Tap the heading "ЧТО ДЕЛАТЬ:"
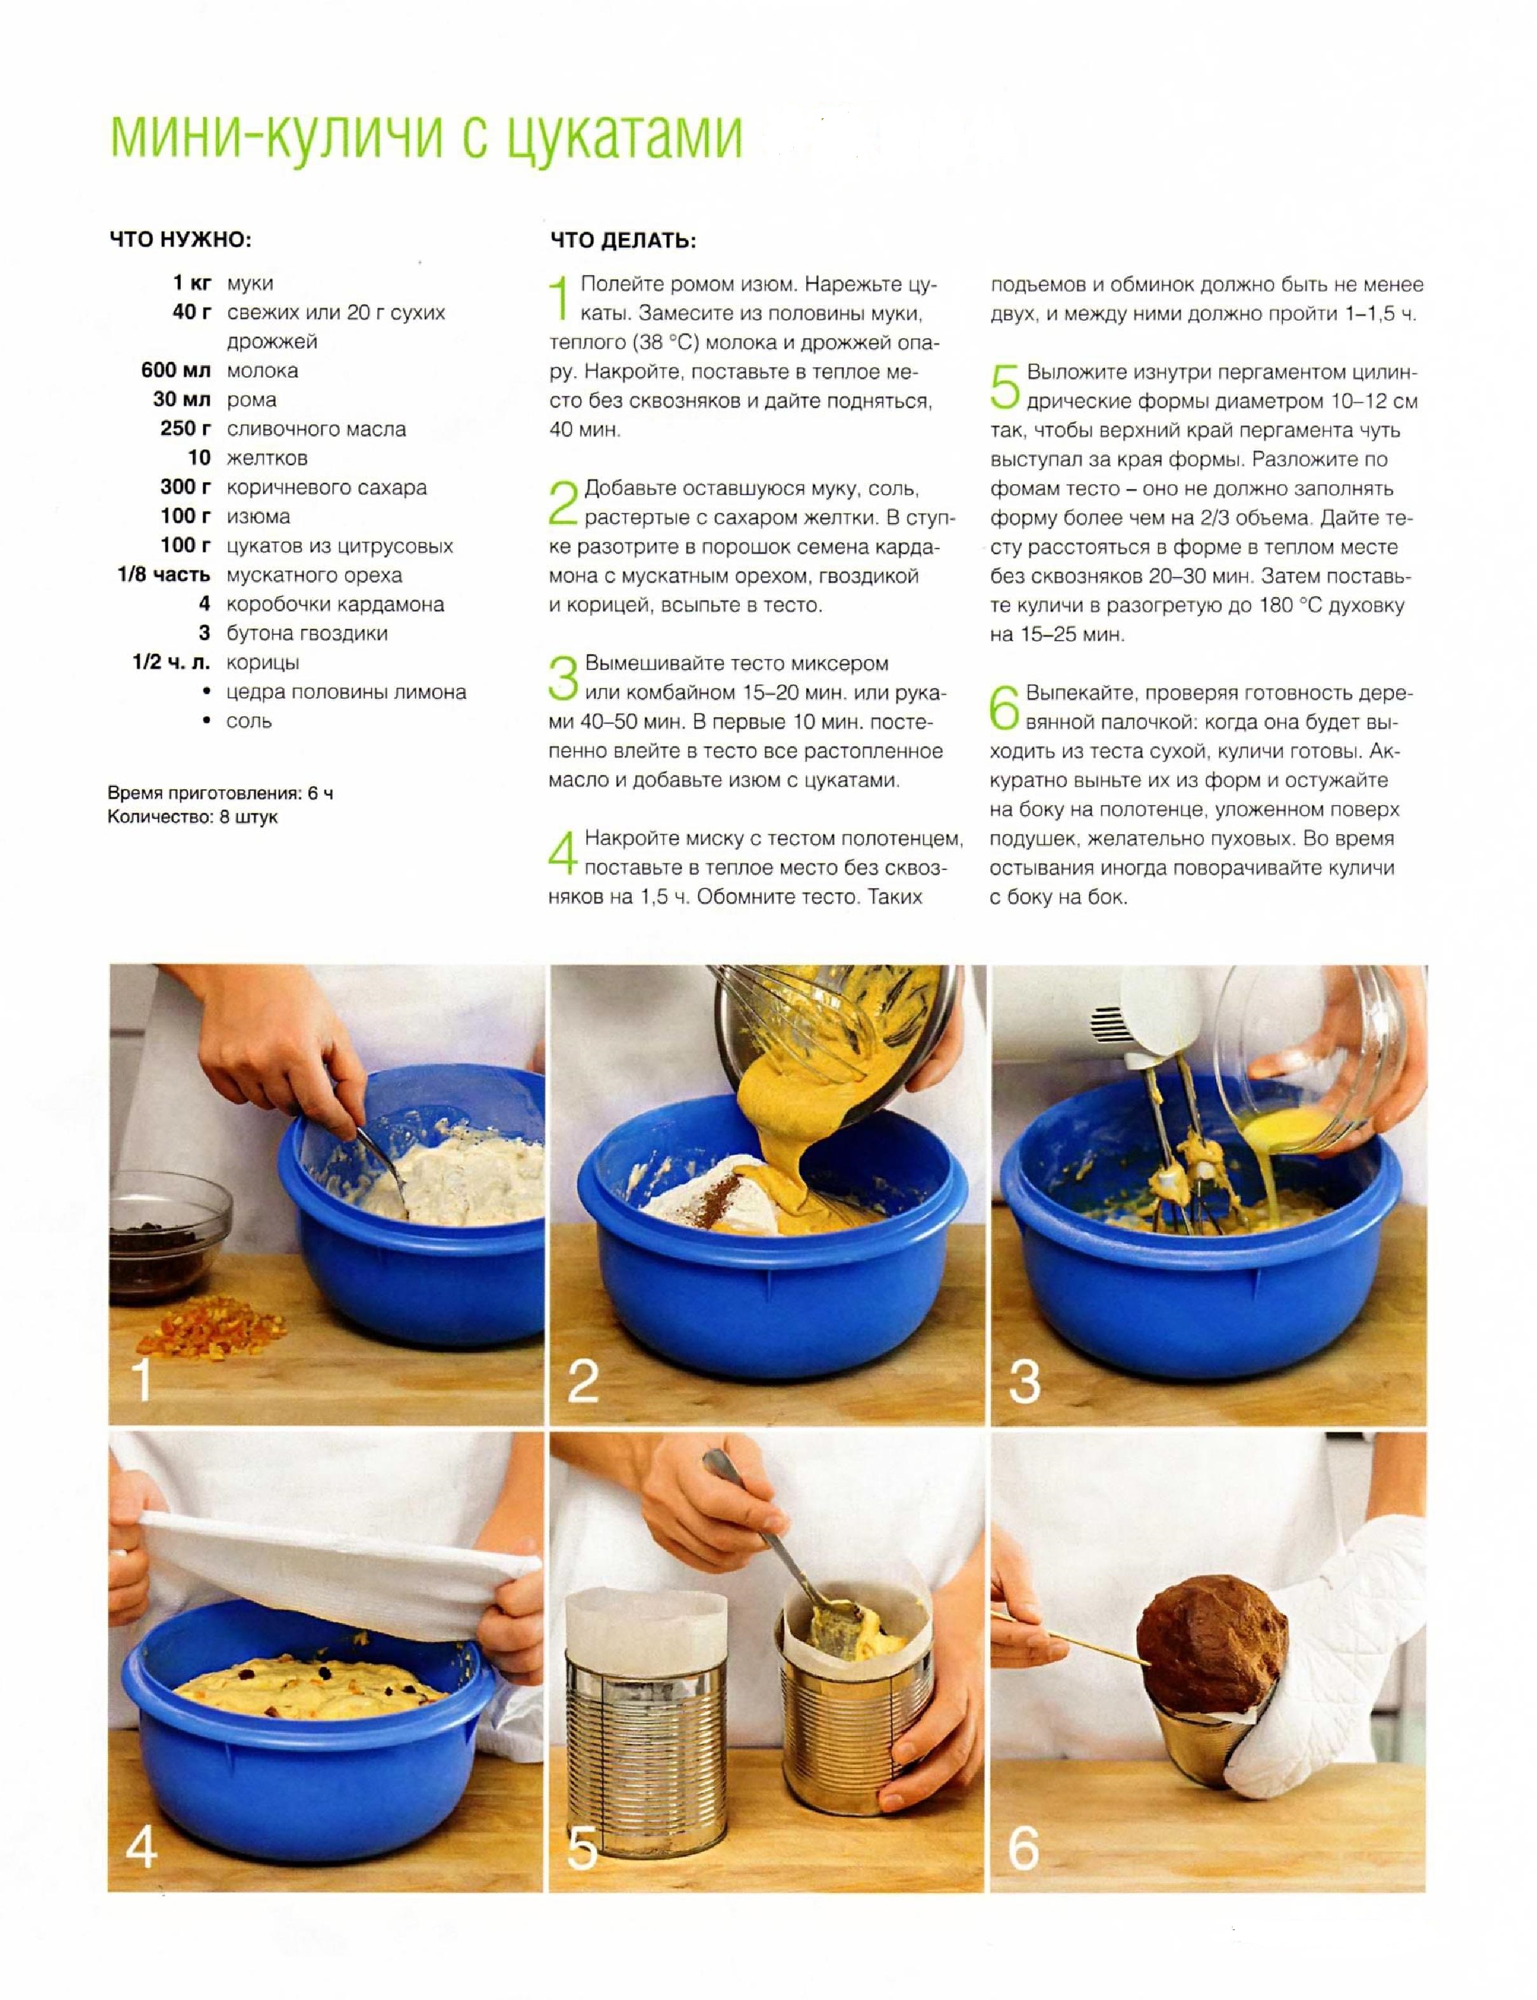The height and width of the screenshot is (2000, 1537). click(623, 241)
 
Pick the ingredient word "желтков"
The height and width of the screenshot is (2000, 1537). click(267, 457)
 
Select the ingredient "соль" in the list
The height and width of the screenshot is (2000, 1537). click(249, 721)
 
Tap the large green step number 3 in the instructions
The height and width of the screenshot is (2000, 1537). click(563, 677)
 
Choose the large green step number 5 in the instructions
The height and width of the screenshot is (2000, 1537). click(1005, 386)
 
